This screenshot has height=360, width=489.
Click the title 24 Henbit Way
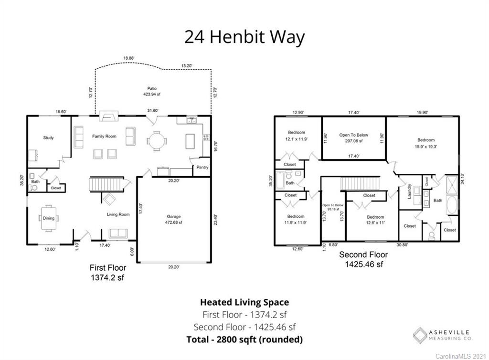click(244, 37)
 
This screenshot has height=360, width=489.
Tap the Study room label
click(48, 138)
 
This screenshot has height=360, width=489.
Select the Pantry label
click(202, 168)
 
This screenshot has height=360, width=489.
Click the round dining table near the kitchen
click(157, 141)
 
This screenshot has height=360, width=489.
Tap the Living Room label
click(118, 214)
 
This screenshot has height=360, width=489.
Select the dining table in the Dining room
click(48, 218)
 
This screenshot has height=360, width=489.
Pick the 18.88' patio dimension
click(128, 58)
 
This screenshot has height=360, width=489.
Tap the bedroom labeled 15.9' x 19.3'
click(426, 143)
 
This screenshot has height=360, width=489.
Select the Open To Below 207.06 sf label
click(354, 138)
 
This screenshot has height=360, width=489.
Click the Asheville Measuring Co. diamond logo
click(420, 335)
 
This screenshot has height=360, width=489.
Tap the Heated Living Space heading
click(244, 302)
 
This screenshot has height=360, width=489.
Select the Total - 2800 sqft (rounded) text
click(244, 339)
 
